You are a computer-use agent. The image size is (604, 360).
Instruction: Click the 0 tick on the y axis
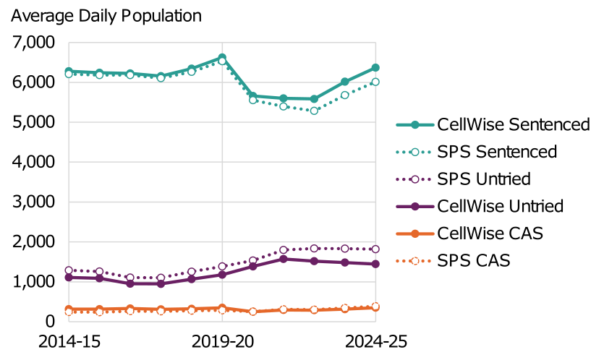coord(48,322)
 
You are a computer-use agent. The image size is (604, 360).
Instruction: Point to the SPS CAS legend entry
coord(474,260)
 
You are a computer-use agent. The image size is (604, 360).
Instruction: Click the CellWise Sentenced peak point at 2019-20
coord(222,57)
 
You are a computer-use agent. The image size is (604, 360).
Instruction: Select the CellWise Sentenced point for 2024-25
coord(375,68)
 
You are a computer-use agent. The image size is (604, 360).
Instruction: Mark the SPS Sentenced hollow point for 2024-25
coord(375,82)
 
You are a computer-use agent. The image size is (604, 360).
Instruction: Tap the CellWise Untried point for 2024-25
coord(375,264)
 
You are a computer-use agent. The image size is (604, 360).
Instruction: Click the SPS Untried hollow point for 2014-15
coord(69,270)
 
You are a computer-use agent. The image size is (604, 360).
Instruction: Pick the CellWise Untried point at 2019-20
coord(222,275)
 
